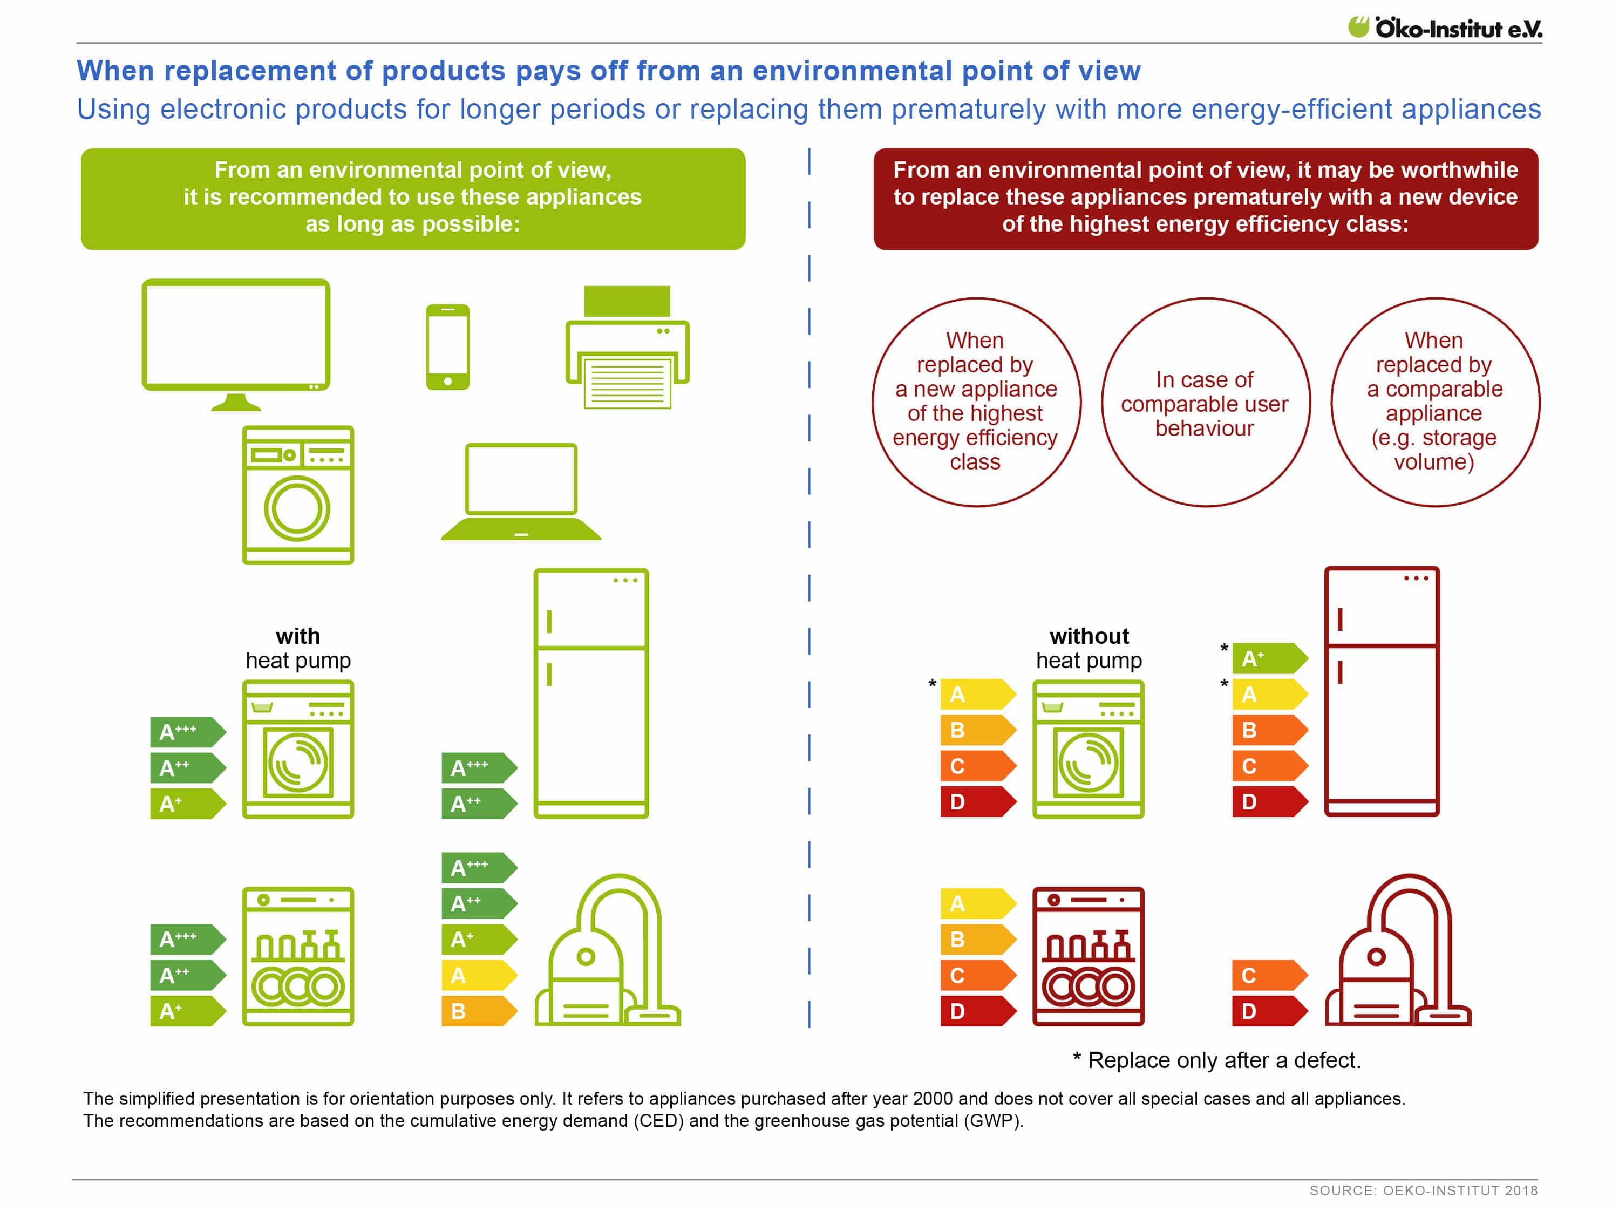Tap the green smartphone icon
[448, 347]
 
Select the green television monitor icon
[236, 344]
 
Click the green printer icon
[627, 347]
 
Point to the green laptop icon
[521, 492]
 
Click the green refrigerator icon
[591, 693]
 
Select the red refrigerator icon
[1382, 691]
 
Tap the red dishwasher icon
[1089, 956]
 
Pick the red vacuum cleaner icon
[1398, 950]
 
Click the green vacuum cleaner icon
[608, 950]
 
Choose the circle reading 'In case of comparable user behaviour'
[1206, 403]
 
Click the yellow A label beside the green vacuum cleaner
[479, 975]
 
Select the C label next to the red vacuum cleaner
[1270, 975]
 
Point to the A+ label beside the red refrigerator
[1270, 658]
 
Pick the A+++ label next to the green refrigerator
[479, 767]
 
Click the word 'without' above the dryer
[1089, 636]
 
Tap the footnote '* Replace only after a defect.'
[1216, 1060]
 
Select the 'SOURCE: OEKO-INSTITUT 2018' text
[1424, 1190]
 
